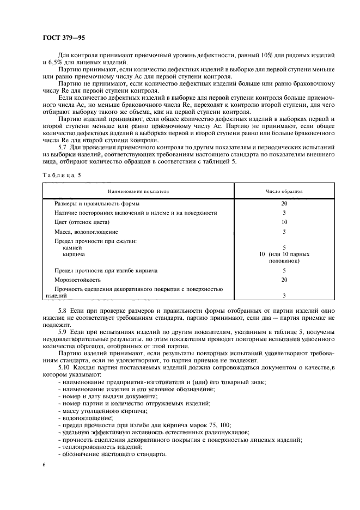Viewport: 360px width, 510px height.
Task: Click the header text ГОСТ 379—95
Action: tap(63, 37)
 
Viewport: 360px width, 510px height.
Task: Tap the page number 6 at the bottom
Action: tap(44, 464)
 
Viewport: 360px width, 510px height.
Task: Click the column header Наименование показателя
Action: tap(138, 191)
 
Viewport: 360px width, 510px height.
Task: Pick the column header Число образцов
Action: tap(284, 191)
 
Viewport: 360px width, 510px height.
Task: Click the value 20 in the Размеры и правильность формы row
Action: tap(284, 203)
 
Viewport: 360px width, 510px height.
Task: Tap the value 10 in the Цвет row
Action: tap(284, 222)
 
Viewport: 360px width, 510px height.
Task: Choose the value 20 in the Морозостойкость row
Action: tap(284, 279)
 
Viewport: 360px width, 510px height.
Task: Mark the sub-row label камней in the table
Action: tap(73, 247)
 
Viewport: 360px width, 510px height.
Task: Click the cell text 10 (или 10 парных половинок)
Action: tap(284, 257)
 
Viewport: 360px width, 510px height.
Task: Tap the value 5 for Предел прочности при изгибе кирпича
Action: tap(284, 270)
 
